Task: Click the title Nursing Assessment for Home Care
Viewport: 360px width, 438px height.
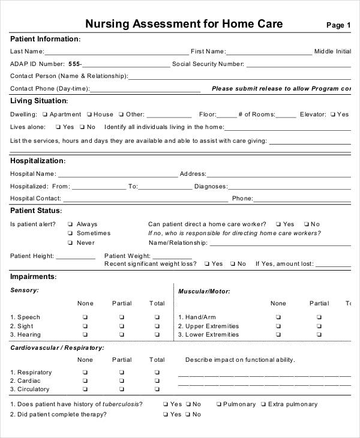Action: pos(184,24)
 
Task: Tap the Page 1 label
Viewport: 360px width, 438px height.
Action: pos(338,25)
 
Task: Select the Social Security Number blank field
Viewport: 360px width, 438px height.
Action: pos(298,64)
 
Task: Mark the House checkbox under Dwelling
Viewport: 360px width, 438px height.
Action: pos(89,114)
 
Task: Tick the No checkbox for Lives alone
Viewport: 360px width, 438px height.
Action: pos(82,127)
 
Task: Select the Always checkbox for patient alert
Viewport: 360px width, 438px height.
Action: pos(70,224)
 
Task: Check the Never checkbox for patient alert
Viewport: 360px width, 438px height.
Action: pos(70,243)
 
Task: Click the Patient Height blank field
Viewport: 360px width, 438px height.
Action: pos(76,257)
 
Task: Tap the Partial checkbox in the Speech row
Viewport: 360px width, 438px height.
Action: pos(121,317)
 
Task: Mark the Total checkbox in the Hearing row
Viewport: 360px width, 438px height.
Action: pos(157,335)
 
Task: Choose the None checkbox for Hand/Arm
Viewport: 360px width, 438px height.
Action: pos(278,317)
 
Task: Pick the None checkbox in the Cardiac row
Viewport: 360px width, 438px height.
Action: pos(85,381)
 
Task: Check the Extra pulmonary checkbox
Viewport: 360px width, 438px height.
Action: pos(263,404)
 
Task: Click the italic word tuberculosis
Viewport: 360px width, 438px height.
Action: pos(123,404)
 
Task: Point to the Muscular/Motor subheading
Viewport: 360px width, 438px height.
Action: pos(204,291)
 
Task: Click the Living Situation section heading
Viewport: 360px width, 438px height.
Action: pos(38,101)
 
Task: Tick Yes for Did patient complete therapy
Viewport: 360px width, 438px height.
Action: pos(166,415)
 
